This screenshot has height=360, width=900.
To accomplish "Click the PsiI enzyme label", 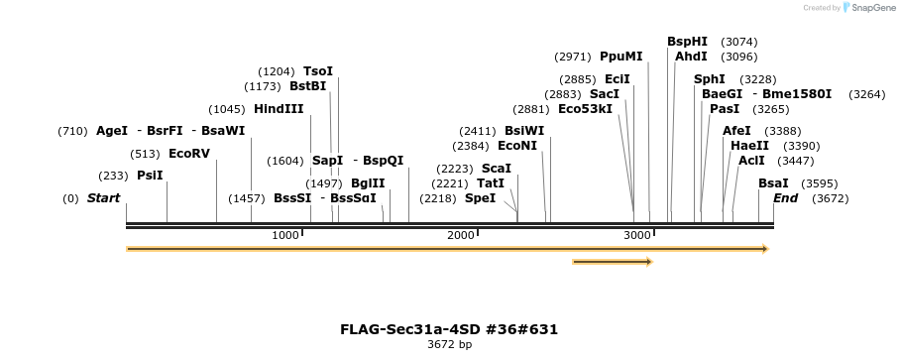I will [150, 176].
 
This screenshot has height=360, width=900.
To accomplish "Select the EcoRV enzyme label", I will [189, 154].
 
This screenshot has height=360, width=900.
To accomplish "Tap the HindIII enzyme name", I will [279, 109].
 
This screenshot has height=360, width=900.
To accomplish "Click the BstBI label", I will [307, 86].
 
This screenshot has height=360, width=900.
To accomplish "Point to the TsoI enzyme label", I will [318, 71].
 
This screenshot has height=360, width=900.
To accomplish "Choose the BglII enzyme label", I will [368, 183].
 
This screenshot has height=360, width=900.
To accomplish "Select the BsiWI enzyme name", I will [524, 131].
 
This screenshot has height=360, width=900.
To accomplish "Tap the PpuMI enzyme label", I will [621, 57].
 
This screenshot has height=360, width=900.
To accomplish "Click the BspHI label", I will [687, 42].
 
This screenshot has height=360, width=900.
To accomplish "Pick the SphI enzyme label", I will [710, 79].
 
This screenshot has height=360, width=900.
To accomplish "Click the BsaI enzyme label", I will [773, 183].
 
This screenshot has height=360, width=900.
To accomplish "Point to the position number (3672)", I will [830, 198].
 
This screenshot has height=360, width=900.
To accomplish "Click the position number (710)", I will [72, 131].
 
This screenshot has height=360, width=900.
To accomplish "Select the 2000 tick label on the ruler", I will [460, 235].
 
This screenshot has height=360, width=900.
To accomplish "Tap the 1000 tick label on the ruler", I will [284, 235].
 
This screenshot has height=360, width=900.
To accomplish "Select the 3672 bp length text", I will [449, 345].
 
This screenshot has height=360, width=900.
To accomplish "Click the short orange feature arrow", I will [612, 262].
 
